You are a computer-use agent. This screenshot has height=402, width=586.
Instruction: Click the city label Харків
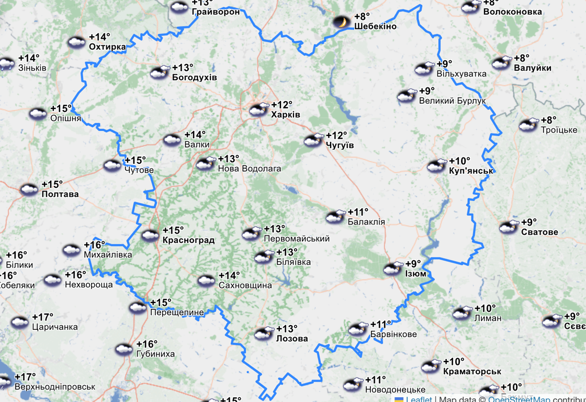[286, 114]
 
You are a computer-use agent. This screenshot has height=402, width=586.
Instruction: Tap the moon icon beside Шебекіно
[341, 22]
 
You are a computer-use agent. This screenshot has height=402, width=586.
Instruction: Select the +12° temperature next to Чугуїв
[336, 136]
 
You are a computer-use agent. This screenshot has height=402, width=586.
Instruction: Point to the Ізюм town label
[415, 274]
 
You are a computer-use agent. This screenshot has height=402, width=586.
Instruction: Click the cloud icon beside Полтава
[29, 189]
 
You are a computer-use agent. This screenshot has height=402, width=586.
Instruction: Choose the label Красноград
[188, 240]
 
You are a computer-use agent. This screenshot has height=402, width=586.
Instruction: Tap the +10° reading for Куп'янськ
[459, 161]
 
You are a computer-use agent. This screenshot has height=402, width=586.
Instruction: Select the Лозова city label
[292, 338]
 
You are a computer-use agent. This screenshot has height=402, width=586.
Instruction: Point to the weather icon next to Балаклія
[336, 217]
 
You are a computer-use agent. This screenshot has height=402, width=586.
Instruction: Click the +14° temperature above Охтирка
[99, 37]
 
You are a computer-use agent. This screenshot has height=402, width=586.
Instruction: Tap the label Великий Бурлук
[453, 100]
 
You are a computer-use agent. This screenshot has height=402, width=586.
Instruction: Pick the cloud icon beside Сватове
[509, 227]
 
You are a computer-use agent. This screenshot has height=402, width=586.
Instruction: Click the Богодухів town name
[195, 77]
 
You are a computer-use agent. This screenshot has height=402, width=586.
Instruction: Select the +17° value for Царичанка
[42, 317]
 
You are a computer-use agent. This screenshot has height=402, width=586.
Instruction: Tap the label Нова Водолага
[249, 169]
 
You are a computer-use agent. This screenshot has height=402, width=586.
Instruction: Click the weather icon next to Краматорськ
[431, 366]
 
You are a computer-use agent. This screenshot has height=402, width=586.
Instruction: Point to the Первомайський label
[297, 239]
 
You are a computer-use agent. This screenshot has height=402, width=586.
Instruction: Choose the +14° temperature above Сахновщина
[229, 275]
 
